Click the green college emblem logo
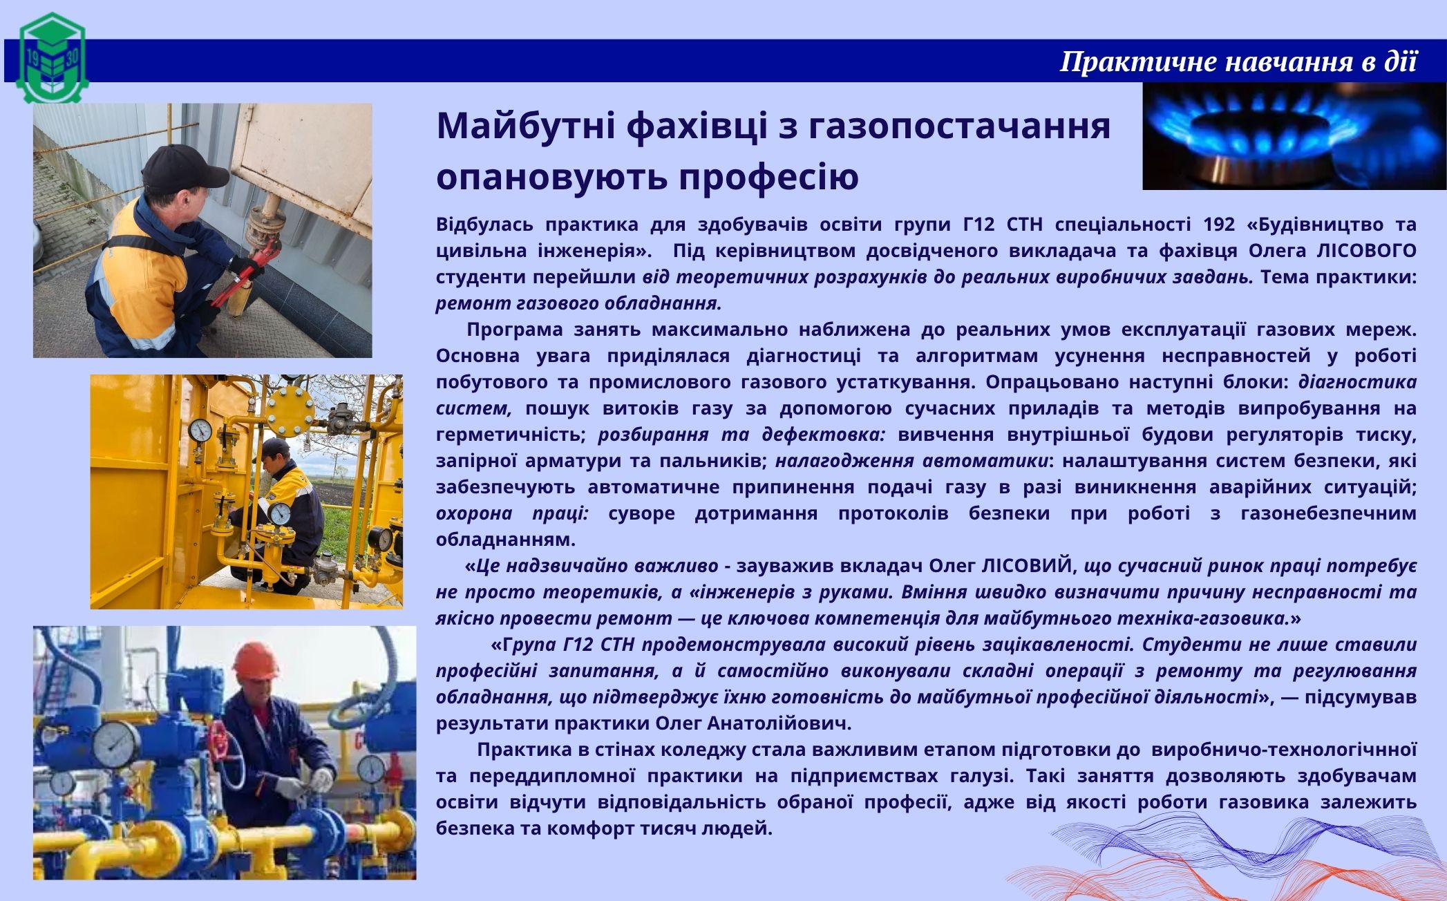tap(53, 58)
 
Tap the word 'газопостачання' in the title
tap(958, 126)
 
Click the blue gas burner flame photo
tap(1294, 136)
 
